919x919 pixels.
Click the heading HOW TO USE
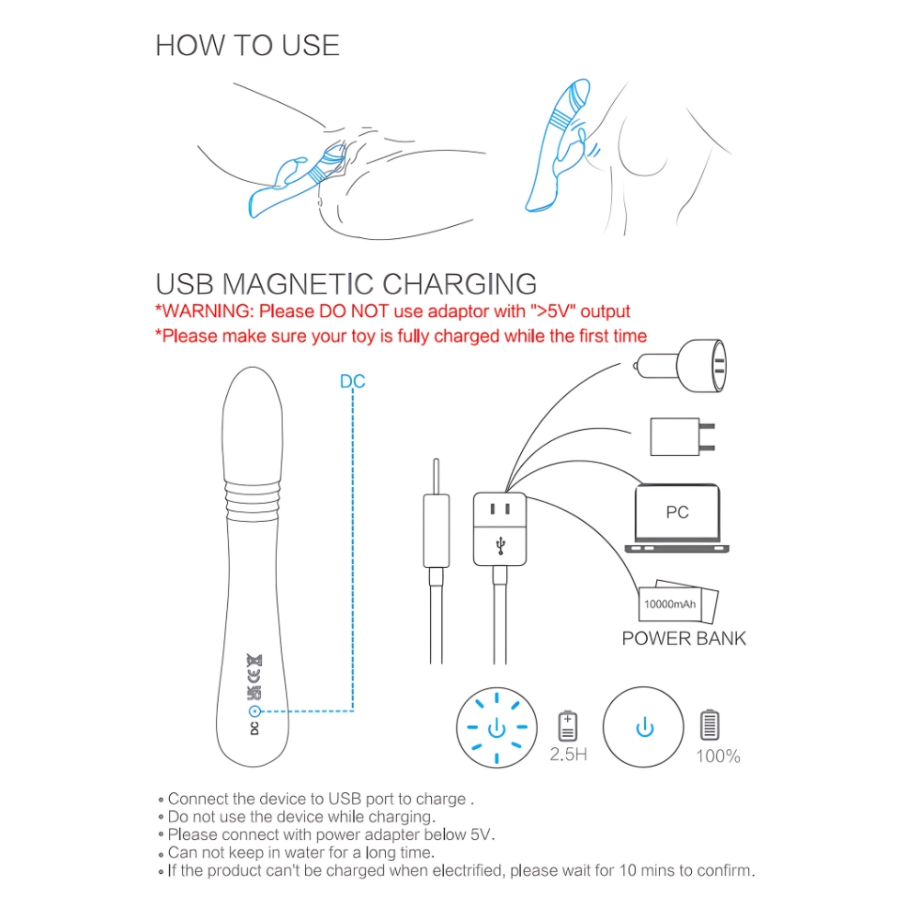coord(247,46)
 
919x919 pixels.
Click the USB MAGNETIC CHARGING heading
coord(346,284)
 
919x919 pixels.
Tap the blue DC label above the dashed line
coord(352,381)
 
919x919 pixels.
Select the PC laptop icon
coord(677,518)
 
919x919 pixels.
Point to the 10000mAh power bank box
coord(678,602)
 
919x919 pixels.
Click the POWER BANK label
coord(684,639)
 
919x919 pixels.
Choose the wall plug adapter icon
coord(683,437)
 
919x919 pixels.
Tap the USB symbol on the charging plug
coord(500,546)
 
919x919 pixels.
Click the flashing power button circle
coord(497,727)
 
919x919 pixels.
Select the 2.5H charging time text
coord(568,754)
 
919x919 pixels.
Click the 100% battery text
coord(718,756)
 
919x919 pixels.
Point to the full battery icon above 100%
coord(709,725)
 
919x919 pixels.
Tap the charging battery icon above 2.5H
coord(567,726)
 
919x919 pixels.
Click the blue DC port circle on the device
coord(255,711)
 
